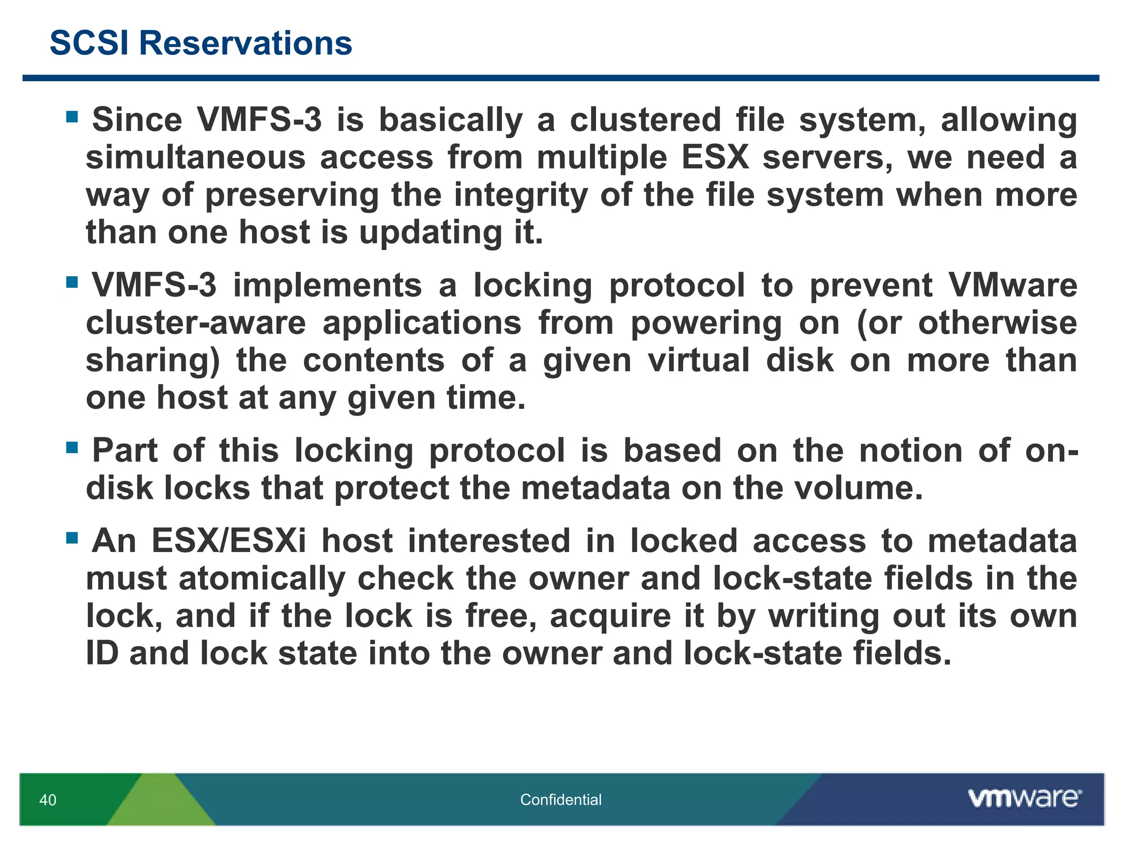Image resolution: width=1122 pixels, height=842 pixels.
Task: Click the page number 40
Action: (48, 800)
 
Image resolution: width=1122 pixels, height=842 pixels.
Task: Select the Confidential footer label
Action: (560, 800)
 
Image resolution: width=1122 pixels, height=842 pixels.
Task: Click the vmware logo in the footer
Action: (1024, 798)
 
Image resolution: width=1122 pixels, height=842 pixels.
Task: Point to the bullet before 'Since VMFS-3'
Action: (72, 117)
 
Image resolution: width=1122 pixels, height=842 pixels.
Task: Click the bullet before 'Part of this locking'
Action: (72, 448)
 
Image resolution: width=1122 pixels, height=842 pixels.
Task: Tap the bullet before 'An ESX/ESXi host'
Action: (72, 538)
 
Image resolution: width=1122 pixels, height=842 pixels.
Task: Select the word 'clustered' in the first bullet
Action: (645, 120)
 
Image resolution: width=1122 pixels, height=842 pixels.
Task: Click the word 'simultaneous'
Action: (196, 158)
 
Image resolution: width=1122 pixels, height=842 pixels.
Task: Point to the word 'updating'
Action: (431, 232)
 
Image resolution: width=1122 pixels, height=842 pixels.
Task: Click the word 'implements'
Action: (328, 286)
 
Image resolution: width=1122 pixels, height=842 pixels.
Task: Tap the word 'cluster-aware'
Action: (196, 323)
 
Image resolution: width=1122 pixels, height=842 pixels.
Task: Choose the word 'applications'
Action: (422, 323)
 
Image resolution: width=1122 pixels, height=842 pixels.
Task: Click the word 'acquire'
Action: (610, 616)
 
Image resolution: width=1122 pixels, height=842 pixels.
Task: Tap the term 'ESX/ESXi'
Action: (228, 542)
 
